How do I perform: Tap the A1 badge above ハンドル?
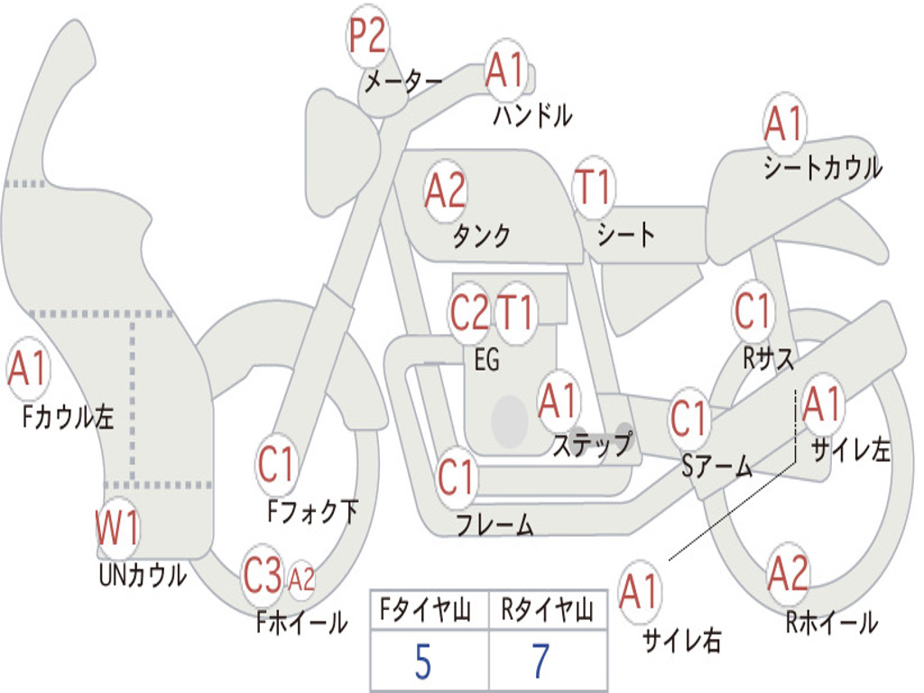pyautogui.click(x=505, y=70)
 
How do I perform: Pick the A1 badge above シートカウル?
pyautogui.click(x=784, y=124)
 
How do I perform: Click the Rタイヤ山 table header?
pyautogui.click(x=547, y=612)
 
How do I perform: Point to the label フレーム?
pyautogui.click(x=494, y=524)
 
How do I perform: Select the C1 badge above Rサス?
pyautogui.click(x=752, y=312)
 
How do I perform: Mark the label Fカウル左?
pyautogui.click(x=69, y=416)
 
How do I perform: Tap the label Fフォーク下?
pyautogui.click(x=312, y=512)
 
